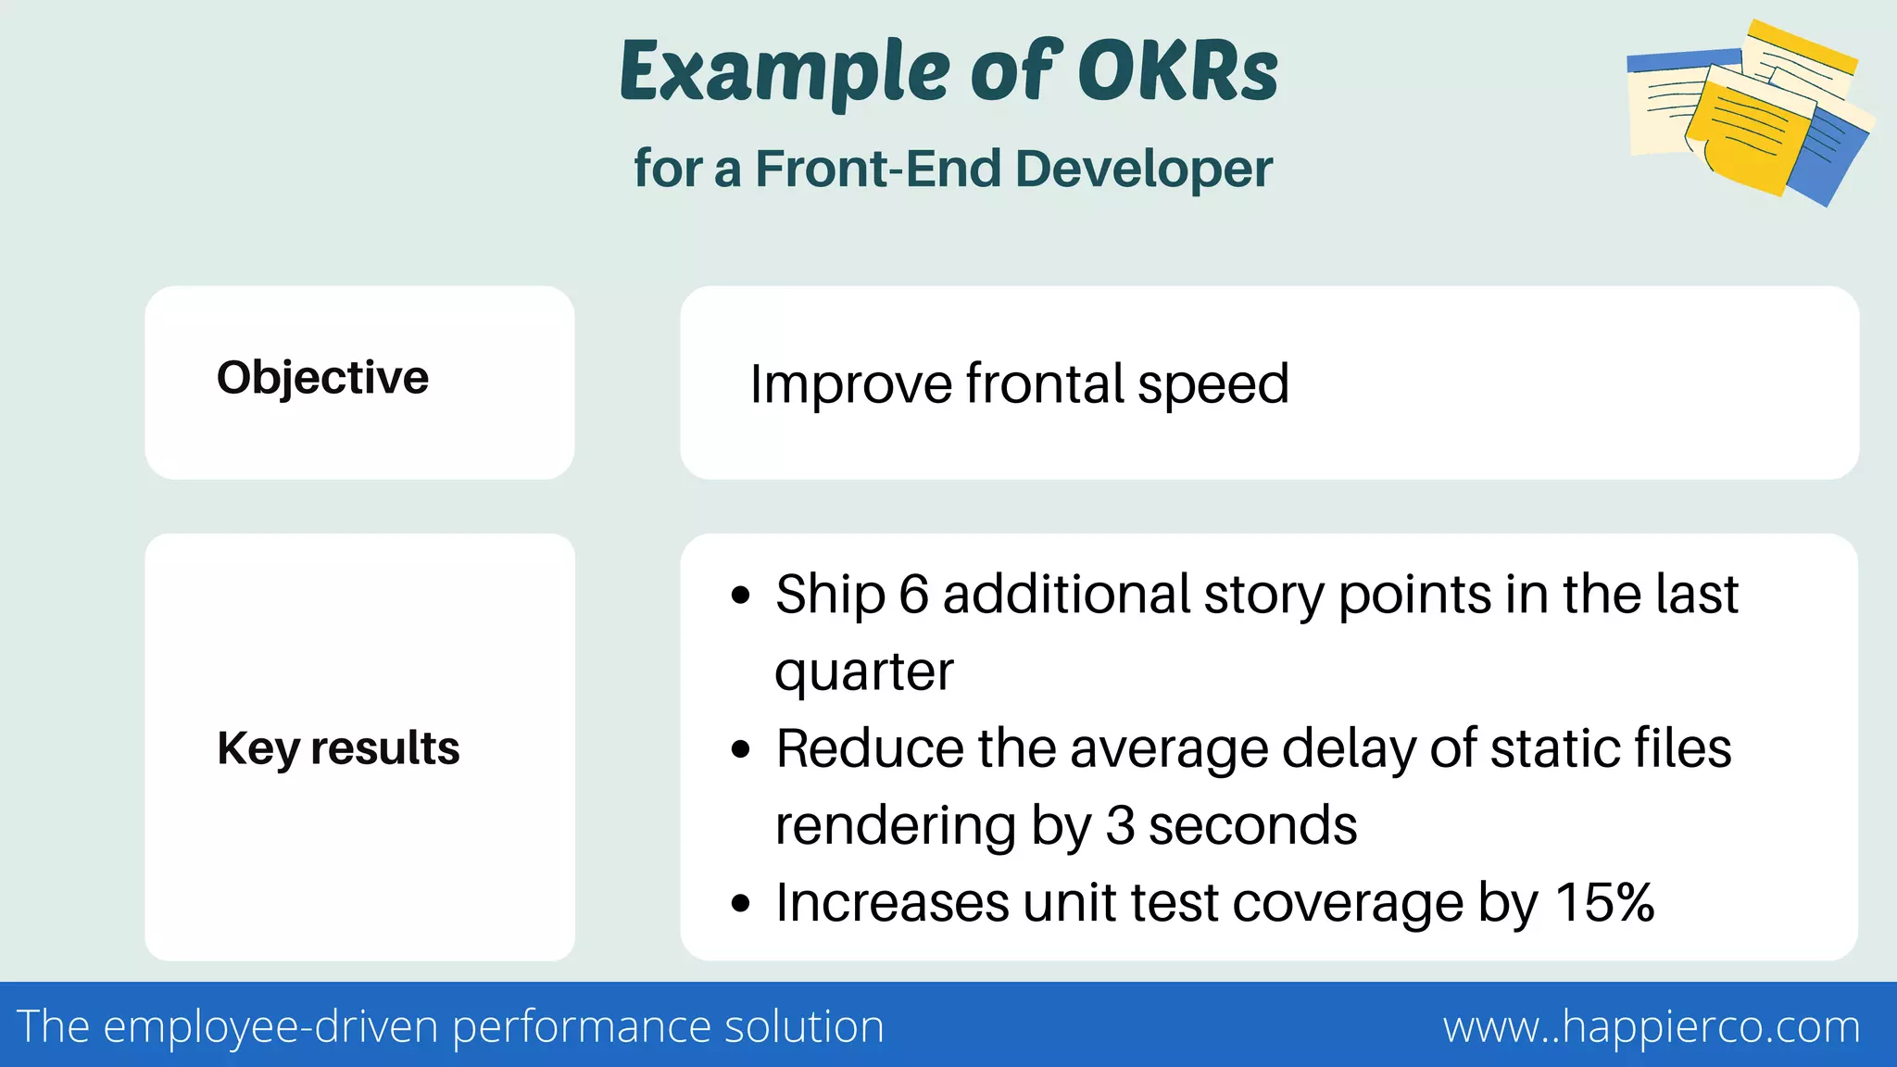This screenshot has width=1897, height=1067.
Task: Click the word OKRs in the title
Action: tap(1177, 72)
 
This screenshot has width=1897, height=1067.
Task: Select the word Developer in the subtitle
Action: tap(1143, 169)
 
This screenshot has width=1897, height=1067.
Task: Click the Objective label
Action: tap(322, 378)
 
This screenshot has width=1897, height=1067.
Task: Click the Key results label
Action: tap(338, 748)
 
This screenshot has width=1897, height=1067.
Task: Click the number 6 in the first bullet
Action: tap(913, 594)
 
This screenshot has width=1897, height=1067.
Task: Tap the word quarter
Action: tap(863, 672)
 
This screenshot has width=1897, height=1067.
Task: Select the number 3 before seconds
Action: tap(1120, 825)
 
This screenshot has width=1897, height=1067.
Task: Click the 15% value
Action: tap(1604, 902)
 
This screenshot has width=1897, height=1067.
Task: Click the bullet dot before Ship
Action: tap(740, 596)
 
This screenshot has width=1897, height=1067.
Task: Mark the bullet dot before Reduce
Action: tap(740, 749)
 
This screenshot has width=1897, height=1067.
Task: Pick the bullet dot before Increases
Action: tap(740, 903)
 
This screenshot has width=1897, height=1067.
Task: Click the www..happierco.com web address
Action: tap(1652, 1026)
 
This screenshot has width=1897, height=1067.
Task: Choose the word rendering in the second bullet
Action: tap(895, 825)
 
